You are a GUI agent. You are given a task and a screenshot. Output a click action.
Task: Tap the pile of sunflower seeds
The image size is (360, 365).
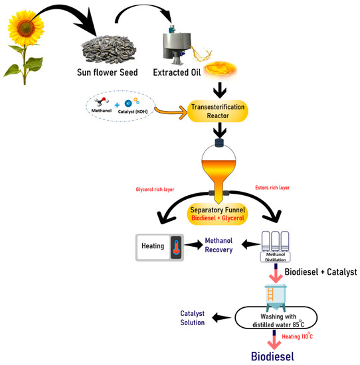tap(109, 49)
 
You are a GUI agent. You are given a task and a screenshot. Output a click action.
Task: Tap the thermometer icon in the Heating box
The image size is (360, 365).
tap(175, 247)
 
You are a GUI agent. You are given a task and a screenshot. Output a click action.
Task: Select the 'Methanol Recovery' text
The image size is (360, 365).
tap(223, 246)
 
